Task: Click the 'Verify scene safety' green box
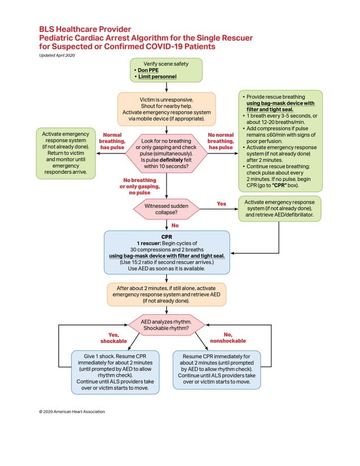(x=165, y=69)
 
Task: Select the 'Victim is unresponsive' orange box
(x=166, y=108)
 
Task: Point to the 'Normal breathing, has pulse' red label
(x=112, y=141)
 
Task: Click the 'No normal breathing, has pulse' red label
(x=221, y=141)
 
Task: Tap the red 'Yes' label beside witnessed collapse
(x=222, y=203)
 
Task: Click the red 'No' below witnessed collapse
(x=175, y=226)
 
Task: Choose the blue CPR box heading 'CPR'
(x=166, y=238)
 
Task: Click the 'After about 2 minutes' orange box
(x=166, y=294)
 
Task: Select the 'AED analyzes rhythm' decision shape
(x=166, y=325)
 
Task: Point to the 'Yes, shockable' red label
(x=113, y=338)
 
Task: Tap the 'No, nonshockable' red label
(x=228, y=338)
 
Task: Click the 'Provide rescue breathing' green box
(x=278, y=141)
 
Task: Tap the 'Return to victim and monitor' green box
(x=65, y=153)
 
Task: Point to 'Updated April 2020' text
(x=57, y=55)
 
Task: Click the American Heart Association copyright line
(x=72, y=411)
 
